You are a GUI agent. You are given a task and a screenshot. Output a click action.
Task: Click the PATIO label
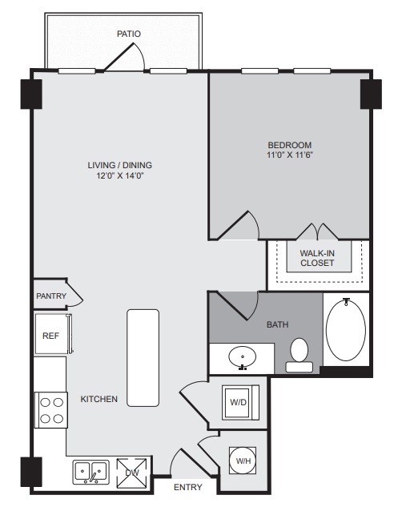pyautogui.click(x=129, y=34)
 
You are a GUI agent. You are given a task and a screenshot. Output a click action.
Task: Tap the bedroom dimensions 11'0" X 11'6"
pyautogui.click(x=290, y=155)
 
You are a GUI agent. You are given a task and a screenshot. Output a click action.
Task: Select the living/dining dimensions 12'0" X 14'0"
pyautogui.click(x=119, y=176)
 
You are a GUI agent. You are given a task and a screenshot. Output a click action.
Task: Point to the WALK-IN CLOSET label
pyautogui.click(x=317, y=258)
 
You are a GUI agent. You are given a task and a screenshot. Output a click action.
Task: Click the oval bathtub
pyautogui.click(x=346, y=329)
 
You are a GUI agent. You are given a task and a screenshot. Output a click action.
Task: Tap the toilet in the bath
pyautogui.click(x=299, y=355)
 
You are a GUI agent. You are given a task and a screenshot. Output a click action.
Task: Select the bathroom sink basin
pyautogui.click(x=242, y=357)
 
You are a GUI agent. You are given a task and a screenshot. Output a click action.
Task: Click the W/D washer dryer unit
pyautogui.click(x=240, y=403)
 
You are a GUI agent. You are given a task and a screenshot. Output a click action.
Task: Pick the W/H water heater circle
pyautogui.click(x=243, y=461)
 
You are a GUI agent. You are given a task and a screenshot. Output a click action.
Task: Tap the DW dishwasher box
pyautogui.click(x=131, y=473)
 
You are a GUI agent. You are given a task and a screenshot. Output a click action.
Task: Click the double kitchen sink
pyautogui.click(x=90, y=472)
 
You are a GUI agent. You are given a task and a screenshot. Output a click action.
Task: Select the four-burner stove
pyautogui.click(x=51, y=410)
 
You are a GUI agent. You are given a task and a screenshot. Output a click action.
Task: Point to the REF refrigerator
pyautogui.click(x=53, y=335)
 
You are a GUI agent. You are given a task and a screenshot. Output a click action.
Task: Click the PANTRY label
pyautogui.click(x=51, y=296)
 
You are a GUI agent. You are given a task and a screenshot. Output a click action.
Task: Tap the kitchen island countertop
pyautogui.click(x=143, y=357)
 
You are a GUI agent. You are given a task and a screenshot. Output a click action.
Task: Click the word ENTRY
pyautogui.click(x=188, y=487)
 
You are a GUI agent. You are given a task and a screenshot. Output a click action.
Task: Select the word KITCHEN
pyautogui.click(x=99, y=399)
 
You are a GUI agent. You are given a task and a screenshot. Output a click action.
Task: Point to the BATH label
pyautogui.click(x=277, y=324)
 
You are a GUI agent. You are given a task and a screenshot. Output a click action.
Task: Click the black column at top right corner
pyautogui.click(x=371, y=94)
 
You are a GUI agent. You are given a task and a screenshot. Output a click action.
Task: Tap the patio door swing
pyautogui.click(x=124, y=56)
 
